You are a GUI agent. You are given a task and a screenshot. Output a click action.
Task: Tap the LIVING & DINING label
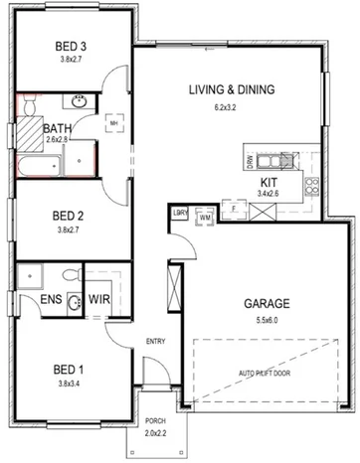tap(232, 90)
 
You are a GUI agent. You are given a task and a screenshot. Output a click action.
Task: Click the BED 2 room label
tap(66, 216)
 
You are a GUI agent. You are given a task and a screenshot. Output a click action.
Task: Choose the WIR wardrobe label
tap(100, 298)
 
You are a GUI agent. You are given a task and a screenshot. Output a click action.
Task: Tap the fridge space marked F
tap(233, 210)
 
